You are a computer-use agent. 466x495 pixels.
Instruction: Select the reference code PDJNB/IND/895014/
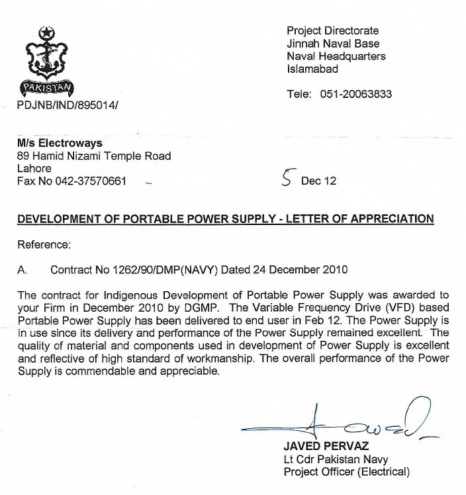69,105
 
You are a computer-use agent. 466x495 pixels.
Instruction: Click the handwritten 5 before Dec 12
286,179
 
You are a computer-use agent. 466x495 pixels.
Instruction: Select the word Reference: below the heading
44,244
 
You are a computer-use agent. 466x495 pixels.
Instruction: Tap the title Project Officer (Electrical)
347,472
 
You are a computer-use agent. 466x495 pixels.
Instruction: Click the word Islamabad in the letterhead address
312,69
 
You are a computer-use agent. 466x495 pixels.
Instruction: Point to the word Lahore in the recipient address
34,168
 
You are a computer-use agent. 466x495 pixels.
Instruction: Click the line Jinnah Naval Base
333,44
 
